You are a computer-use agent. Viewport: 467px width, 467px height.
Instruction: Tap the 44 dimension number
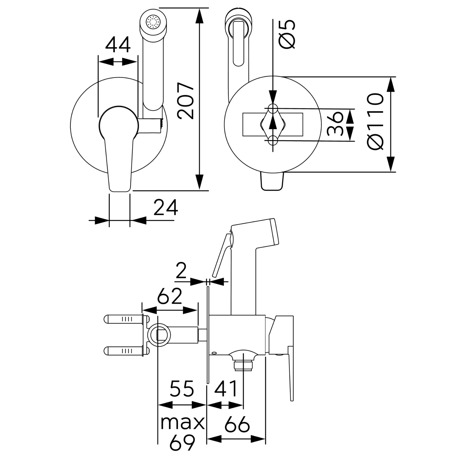[x=118, y=45]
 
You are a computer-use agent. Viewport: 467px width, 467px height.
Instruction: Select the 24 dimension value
[x=165, y=208]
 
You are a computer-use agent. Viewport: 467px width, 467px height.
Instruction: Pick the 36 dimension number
[x=335, y=124]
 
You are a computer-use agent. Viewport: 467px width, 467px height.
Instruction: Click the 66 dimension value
[x=237, y=425]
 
